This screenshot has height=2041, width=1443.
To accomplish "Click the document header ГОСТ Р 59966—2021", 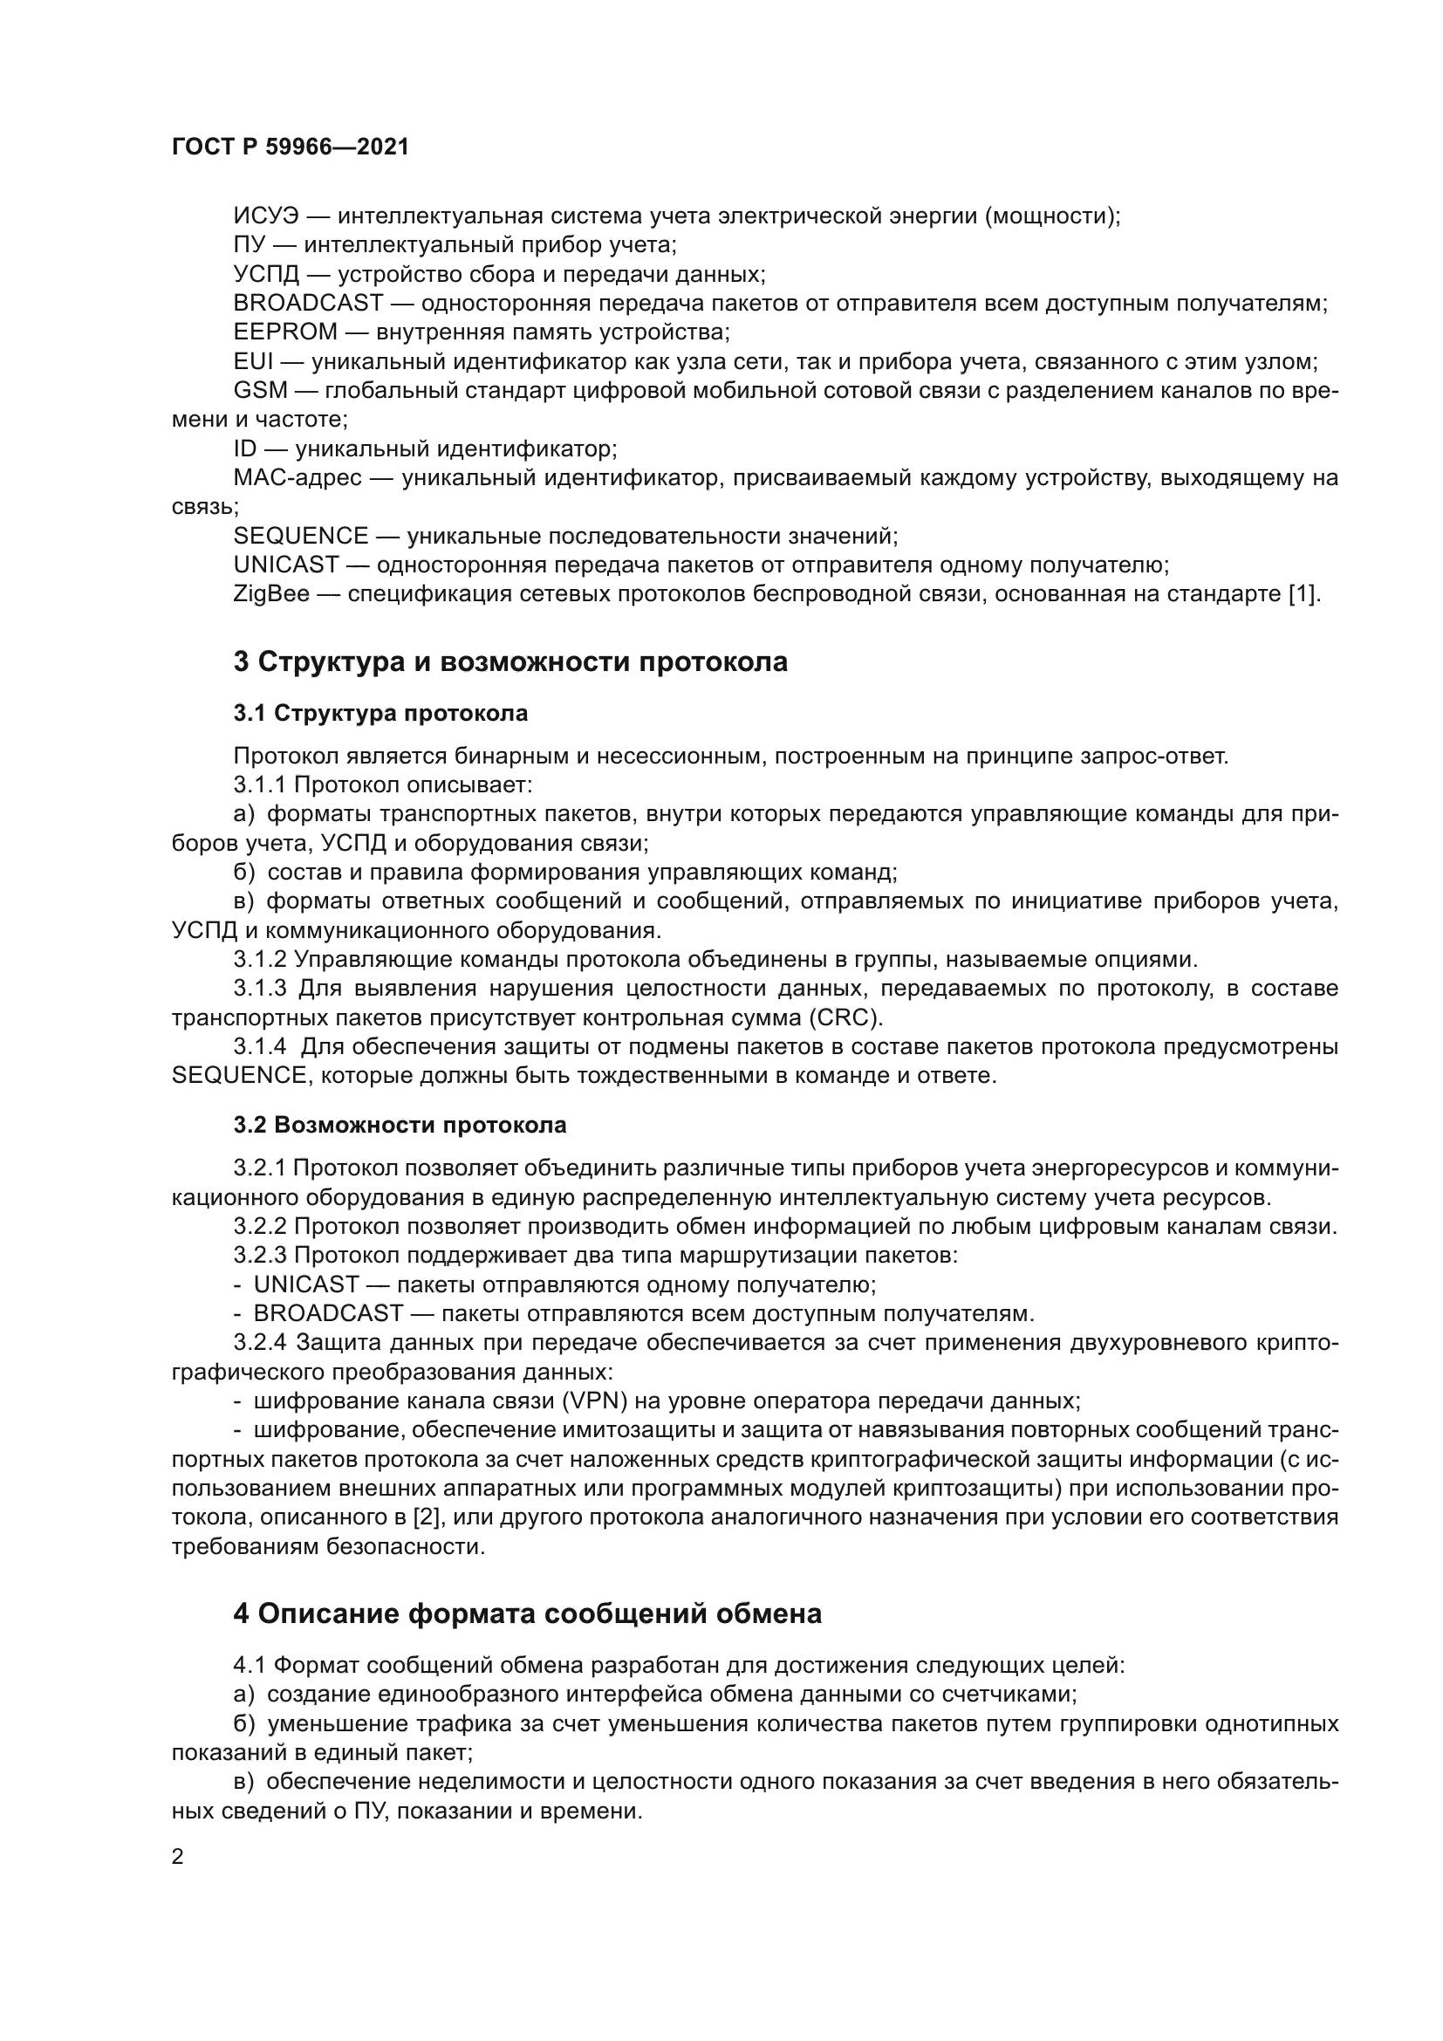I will pyautogui.click(x=290, y=147).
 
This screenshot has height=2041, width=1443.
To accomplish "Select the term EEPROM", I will pyautogui.click(x=285, y=332).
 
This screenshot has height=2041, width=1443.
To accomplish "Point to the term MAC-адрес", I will pyautogui.click(x=297, y=478).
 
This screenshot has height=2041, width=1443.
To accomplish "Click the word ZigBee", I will pyautogui.click(x=271, y=594).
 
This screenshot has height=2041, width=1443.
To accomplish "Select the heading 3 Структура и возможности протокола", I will pyautogui.click(x=510, y=662).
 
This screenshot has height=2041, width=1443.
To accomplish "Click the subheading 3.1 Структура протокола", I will pyautogui.click(x=380, y=713).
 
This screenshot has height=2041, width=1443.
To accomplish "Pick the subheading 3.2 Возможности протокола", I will pyautogui.click(x=400, y=1126).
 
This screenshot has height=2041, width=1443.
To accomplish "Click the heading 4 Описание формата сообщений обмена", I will pyautogui.click(x=527, y=1614).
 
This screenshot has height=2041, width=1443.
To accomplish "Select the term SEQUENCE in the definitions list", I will pyautogui.click(x=300, y=536).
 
